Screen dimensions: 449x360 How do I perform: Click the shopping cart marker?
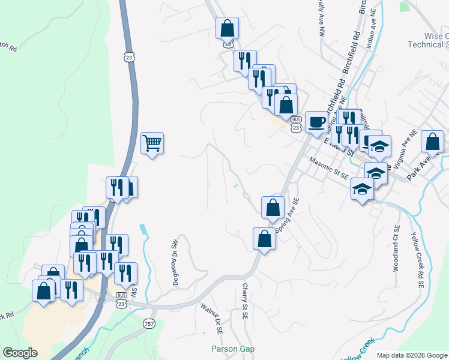(152, 143)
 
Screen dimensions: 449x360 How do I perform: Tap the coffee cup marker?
(317, 122)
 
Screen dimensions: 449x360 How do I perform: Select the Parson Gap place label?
(233, 349)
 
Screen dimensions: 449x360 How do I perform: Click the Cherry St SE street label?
(245, 301)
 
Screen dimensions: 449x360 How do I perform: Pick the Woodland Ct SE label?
(396, 248)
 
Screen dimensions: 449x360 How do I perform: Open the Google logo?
(20, 353)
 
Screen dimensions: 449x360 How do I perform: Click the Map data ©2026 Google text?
(411, 355)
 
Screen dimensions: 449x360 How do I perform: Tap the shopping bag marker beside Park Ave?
(432, 142)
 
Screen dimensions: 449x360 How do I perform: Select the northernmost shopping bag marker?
(228, 28)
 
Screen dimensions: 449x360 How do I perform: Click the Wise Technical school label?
(428, 40)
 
